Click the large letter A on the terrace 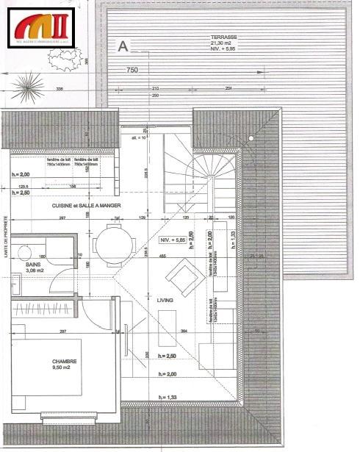123,46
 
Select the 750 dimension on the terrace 132,71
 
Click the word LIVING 165,301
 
